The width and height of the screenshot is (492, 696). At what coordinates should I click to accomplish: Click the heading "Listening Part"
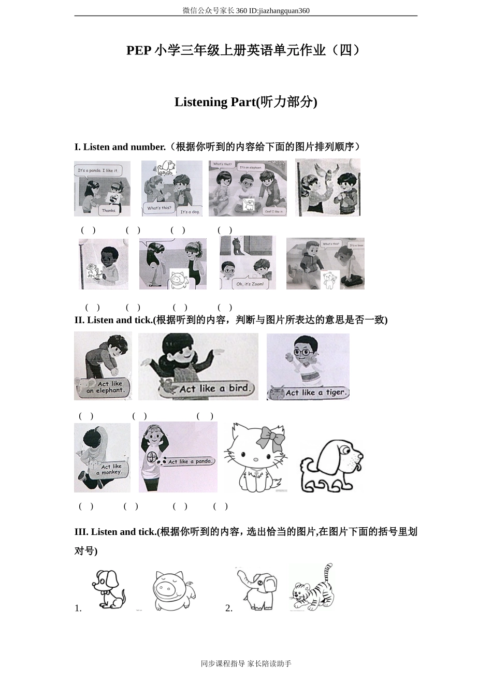pos(245,102)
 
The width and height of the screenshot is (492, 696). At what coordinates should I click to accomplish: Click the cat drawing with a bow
pos(256,458)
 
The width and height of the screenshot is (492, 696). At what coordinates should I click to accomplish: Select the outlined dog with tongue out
pos(331,466)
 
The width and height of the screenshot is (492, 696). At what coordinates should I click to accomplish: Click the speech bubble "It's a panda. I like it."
pos(98,170)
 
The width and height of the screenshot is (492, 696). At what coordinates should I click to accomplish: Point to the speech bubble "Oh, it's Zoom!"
pos(250,284)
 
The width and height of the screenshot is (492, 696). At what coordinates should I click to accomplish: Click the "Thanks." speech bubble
pos(109,210)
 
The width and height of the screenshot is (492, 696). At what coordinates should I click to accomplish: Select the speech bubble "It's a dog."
pos(190,212)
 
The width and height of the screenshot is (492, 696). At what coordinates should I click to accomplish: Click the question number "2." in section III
pos(229,608)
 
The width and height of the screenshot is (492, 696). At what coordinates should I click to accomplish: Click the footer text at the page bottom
pos(246,663)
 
